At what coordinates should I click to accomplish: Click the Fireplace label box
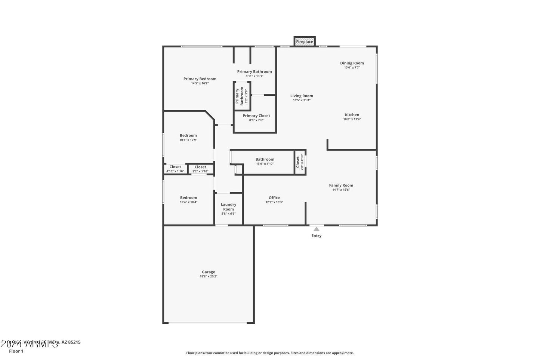[x=305, y=41]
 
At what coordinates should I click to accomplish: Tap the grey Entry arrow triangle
[x=317, y=229]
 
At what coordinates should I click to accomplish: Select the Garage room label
[x=209, y=272]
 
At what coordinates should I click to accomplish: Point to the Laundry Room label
[x=228, y=207]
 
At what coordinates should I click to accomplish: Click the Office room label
[x=274, y=198]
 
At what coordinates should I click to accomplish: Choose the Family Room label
[x=341, y=185]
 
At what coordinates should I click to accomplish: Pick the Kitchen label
[x=352, y=115]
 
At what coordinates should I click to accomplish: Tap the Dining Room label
[x=352, y=63]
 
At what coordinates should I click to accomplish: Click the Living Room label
[x=302, y=96]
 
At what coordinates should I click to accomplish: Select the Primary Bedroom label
[x=200, y=79]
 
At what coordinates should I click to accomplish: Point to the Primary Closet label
[x=256, y=116]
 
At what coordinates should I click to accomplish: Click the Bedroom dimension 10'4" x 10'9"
[x=188, y=140]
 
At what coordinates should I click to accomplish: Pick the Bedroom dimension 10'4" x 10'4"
[x=189, y=202]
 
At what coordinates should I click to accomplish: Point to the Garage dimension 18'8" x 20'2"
[x=209, y=276]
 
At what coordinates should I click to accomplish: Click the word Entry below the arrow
[x=317, y=236]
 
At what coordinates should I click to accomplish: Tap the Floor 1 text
[x=16, y=351]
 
